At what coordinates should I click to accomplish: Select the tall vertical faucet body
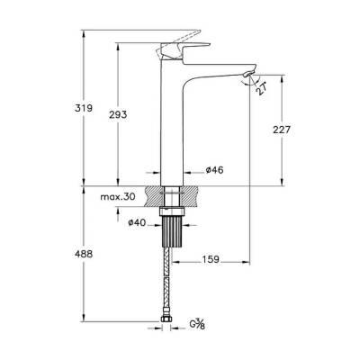tap(172, 126)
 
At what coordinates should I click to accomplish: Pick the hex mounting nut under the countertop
tap(172, 212)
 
